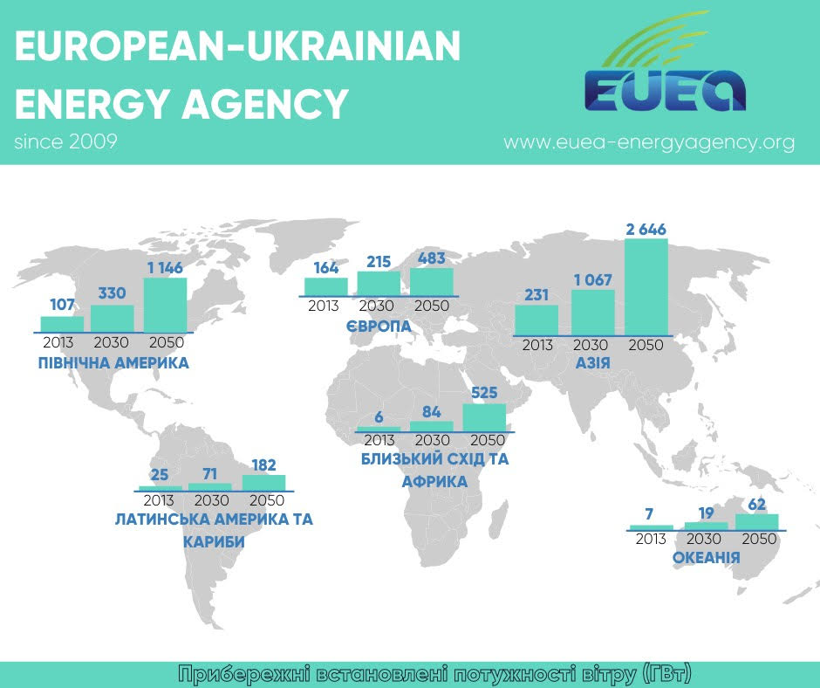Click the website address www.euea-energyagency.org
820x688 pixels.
[649, 142]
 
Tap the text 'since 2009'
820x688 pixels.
[65, 141]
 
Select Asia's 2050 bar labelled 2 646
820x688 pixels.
[646, 286]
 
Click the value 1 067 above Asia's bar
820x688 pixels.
[593, 280]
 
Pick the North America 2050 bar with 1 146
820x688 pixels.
[165, 304]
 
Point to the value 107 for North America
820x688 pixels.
[62, 306]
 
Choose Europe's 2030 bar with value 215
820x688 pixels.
[379, 283]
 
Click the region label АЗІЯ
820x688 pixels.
[593, 362]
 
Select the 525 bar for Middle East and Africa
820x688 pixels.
[484, 416]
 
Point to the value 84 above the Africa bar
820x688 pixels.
[432, 411]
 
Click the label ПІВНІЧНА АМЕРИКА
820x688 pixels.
[113, 362]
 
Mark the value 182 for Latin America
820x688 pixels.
[263, 465]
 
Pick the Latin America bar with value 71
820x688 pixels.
[210, 486]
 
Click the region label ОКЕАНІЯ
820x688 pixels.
[707, 557]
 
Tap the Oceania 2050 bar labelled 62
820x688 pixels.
[757, 521]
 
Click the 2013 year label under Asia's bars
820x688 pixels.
[537, 345]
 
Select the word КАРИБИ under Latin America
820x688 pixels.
[214, 542]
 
